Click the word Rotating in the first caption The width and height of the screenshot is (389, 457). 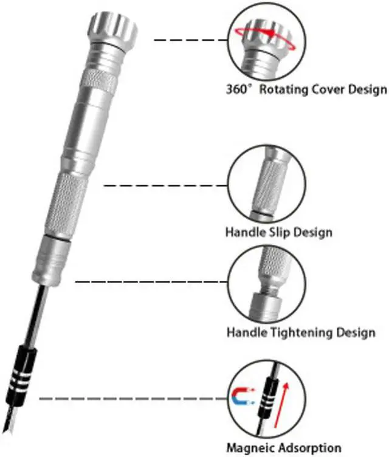(284, 90)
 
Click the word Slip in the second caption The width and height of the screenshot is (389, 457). (284, 232)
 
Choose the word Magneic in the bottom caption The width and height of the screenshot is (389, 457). (249, 448)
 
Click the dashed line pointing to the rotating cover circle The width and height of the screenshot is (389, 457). (188, 40)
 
